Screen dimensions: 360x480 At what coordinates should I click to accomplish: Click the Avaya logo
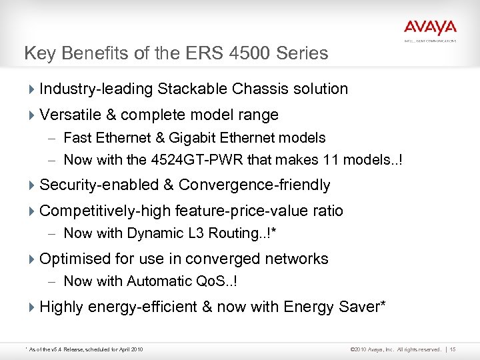(x=429, y=28)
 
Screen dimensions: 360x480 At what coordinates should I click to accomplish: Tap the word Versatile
(x=68, y=115)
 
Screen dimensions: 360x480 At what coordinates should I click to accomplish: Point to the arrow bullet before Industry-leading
(x=33, y=89)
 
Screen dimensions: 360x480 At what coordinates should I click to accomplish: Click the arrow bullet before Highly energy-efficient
(x=33, y=307)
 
